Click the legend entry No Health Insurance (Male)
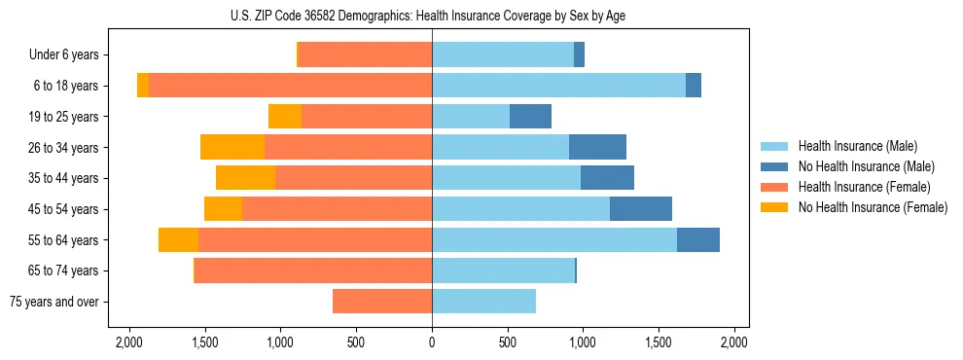click(866, 166)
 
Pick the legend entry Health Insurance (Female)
click(864, 187)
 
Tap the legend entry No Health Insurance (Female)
click(873, 207)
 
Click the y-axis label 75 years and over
click(53, 302)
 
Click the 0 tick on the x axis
click(432, 342)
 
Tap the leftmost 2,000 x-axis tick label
click(129, 342)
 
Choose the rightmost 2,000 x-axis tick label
click(734, 342)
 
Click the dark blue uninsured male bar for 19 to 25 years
click(530, 117)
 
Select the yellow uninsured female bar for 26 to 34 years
click(232, 147)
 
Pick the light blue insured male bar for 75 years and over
click(483, 302)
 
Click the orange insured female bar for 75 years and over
click(382, 302)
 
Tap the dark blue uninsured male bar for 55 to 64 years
click(698, 239)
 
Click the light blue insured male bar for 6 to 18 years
click(558, 86)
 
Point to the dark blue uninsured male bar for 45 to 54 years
click(641, 209)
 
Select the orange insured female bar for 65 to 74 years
click(313, 270)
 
